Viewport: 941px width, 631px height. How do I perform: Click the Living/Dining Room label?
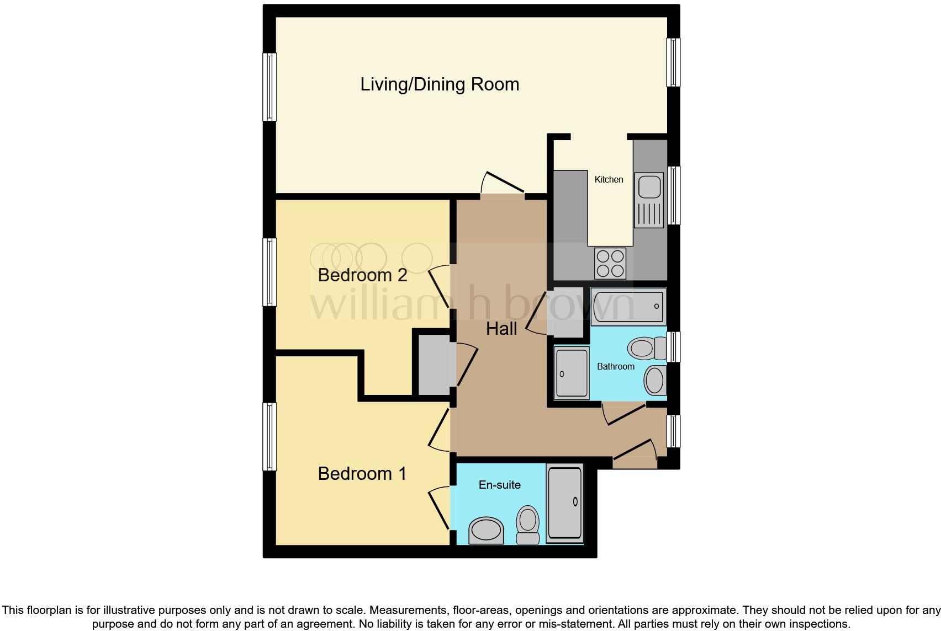click(x=440, y=84)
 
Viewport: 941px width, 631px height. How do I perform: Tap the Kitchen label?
click(x=609, y=179)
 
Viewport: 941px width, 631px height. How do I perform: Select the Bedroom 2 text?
click(x=362, y=275)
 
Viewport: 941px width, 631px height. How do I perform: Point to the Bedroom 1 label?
click(x=362, y=473)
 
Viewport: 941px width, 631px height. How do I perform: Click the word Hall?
click(x=501, y=329)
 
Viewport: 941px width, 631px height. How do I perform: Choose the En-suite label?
click(x=499, y=485)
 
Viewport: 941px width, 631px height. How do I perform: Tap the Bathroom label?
click(x=615, y=366)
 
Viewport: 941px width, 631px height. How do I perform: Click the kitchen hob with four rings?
click(x=610, y=263)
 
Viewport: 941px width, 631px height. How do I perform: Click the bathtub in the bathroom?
click(x=628, y=307)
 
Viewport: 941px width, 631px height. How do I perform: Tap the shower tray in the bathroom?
click(x=572, y=373)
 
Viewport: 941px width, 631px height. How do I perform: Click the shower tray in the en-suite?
click(x=564, y=502)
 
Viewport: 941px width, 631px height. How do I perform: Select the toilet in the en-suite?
click(x=527, y=525)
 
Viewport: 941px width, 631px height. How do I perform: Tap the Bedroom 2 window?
click(x=269, y=272)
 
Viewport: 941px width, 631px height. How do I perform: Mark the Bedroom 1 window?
click(x=269, y=436)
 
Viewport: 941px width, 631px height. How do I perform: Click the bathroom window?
click(x=673, y=347)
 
